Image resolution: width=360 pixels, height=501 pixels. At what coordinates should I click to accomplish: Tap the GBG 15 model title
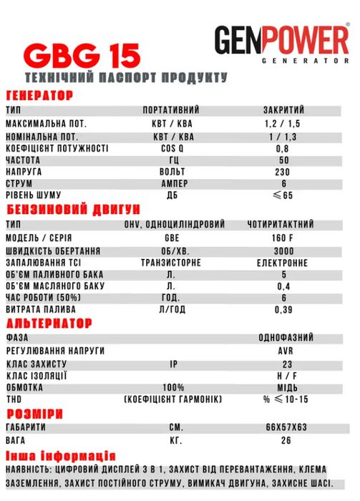[81, 55]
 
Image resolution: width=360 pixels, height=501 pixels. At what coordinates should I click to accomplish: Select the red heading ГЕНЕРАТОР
[40, 96]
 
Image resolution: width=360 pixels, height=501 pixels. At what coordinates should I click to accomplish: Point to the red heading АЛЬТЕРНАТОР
[49, 324]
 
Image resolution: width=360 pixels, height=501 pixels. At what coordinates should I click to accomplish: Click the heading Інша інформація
[59, 456]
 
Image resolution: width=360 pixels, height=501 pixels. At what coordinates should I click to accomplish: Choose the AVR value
[284, 351]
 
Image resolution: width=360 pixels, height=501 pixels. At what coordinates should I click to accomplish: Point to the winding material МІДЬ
[284, 387]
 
